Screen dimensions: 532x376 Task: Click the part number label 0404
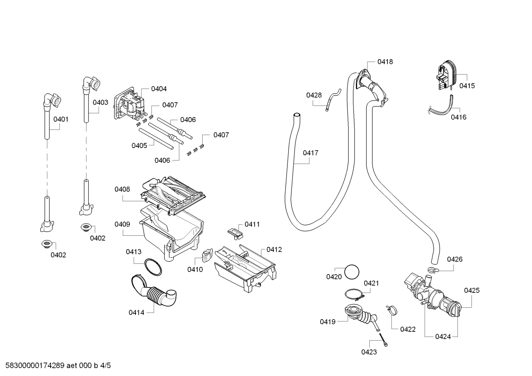[159, 89]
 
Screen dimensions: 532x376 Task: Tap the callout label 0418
[385, 62]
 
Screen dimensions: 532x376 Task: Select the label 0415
[467, 86]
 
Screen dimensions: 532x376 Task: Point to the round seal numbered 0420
[352, 272]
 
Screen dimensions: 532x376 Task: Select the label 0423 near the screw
[369, 352]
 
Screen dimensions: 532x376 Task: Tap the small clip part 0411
[235, 234]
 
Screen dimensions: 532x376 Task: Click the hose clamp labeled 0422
[392, 311]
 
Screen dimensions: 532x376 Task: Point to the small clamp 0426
[433, 270]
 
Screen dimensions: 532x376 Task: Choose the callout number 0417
[310, 153]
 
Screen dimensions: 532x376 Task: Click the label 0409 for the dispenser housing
[122, 224]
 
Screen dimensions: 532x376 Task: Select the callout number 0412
[274, 250]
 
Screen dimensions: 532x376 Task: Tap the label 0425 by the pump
[472, 290]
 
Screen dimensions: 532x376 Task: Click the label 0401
[61, 119]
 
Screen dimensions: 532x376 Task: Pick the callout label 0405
[139, 146]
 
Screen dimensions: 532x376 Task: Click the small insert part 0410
[208, 255]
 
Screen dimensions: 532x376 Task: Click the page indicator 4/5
[106, 366]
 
